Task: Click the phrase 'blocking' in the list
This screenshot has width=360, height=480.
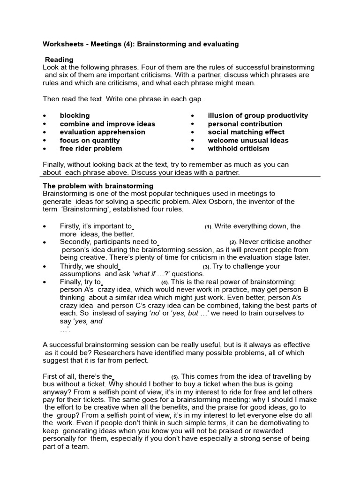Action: (x=75, y=115)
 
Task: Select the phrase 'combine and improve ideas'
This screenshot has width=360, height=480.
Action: (x=107, y=124)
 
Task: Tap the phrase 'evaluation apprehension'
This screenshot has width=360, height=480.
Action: (x=102, y=132)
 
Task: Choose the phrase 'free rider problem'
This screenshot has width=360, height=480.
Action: (x=90, y=149)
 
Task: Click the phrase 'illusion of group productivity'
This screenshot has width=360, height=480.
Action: (x=258, y=115)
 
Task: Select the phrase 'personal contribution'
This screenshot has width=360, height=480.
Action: (x=245, y=124)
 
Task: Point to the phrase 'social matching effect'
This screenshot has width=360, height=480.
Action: (x=246, y=132)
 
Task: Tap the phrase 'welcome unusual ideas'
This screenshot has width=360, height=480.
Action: (x=248, y=140)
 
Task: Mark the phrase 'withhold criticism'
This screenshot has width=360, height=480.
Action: (x=239, y=149)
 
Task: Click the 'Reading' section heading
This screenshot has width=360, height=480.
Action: (x=59, y=60)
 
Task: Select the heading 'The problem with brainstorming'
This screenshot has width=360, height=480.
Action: (x=98, y=186)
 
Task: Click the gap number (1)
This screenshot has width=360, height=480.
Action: (x=208, y=227)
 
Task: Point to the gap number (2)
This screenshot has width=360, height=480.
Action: (x=233, y=242)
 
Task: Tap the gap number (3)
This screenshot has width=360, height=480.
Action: (x=206, y=267)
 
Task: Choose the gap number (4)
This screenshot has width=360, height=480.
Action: (x=165, y=283)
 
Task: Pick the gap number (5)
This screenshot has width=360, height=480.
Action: (x=174, y=377)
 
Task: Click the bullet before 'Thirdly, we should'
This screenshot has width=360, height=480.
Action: (x=45, y=266)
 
